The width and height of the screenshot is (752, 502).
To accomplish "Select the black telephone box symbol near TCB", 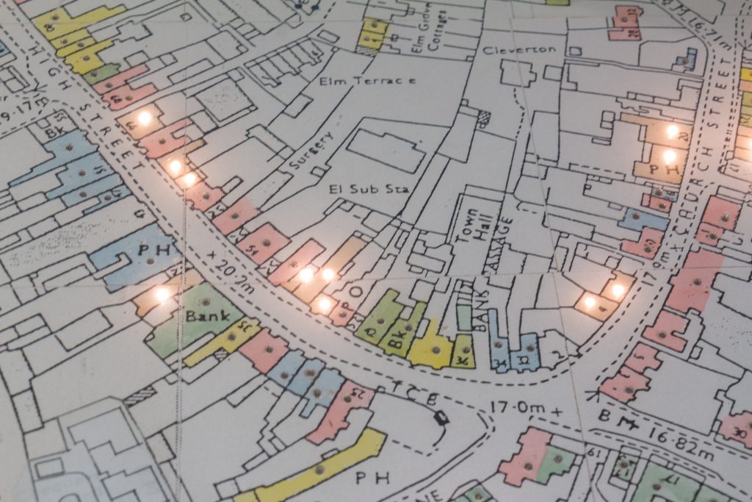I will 441,418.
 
